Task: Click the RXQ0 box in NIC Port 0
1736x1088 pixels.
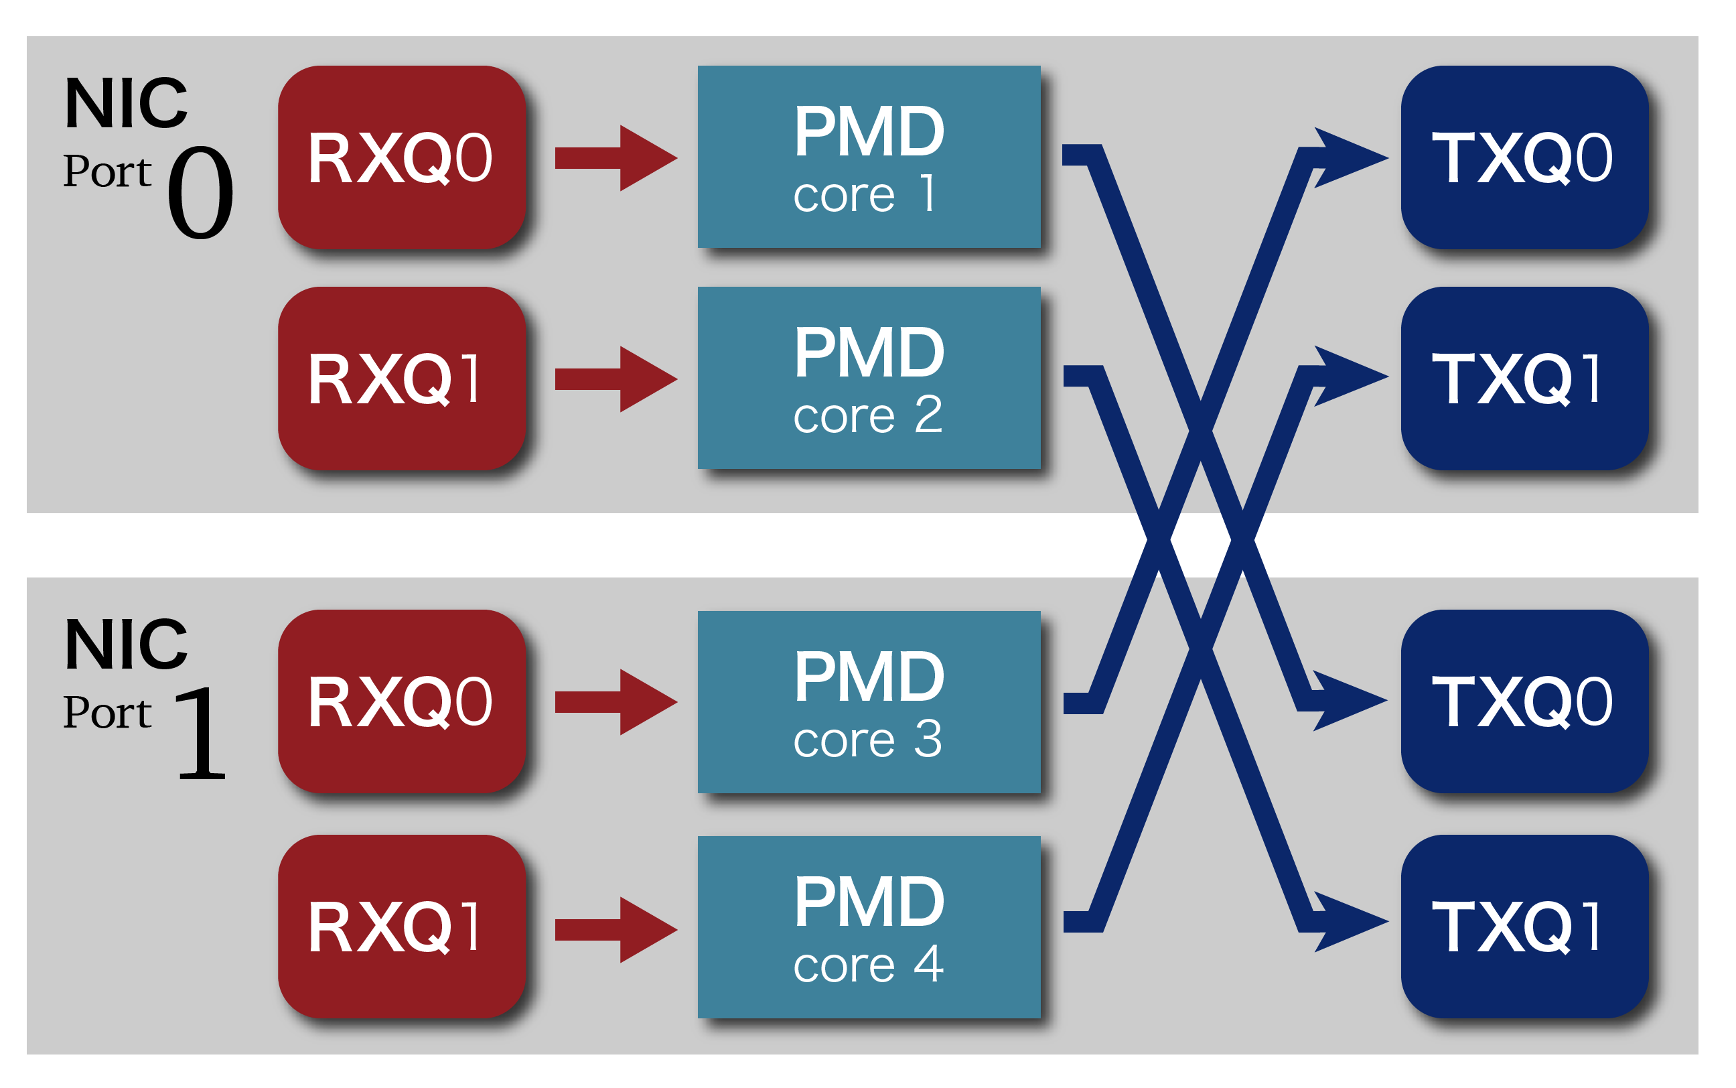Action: click(x=401, y=157)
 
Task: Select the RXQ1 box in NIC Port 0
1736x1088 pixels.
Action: click(x=401, y=378)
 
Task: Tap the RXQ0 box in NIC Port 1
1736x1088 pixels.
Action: click(x=401, y=701)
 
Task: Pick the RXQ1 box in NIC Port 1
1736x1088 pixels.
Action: click(x=401, y=926)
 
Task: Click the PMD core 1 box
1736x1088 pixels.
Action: click(x=868, y=157)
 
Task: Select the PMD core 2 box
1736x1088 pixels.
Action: click(x=868, y=378)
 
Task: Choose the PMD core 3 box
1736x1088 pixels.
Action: click(x=868, y=701)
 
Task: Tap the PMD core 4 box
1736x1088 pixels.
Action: click(x=868, y=927)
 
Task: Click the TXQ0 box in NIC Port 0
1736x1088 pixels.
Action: click(x=1524, y=157)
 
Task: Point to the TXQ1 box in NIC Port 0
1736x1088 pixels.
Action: click(x=1524, y=378)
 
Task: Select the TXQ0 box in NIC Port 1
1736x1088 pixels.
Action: click(x=1524, y=701)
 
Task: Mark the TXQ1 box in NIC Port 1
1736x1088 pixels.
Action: click(x=1524, y=926)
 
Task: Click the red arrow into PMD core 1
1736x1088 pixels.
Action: click(x=615, y=157)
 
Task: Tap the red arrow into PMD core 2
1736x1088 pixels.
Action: click(x=615, y=379)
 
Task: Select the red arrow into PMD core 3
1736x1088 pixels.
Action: click(x=615, y=701)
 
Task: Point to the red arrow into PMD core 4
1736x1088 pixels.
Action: click(x=615, y=929)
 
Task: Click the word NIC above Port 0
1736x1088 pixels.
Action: click(x=126, y=104)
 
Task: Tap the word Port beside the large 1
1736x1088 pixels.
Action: click(x=107, y=712)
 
